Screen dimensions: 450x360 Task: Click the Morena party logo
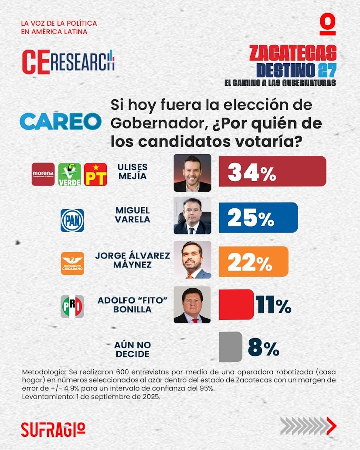[x=43, y=174]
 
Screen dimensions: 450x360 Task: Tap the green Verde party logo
[x=70, y=174]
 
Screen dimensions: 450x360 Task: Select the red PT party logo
[x=95, y=174]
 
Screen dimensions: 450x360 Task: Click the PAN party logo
[x=72, y=220]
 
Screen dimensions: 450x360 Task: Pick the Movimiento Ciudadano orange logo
[x=72, y=264]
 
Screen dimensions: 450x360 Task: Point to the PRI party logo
[x=71, y=307]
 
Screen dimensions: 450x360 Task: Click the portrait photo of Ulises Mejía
[x=192, y=173]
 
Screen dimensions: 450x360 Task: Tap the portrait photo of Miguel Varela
[x=192, y=216]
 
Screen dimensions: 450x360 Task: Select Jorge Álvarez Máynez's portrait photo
[x=192, y=260]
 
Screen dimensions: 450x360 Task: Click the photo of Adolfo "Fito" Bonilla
[x=192, y=305]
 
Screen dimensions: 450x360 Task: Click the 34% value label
[x=252, y=173]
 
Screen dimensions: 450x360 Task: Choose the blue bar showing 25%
[x=258, y=217]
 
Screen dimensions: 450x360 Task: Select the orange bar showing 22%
[x=253, y=261]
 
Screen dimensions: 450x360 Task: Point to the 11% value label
[x=274, y=305]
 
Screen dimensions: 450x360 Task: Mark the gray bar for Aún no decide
[x=230, y=347]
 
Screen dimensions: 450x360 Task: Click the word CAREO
[x=60, y=121]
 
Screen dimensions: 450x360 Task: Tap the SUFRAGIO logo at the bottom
[x=53, y=429]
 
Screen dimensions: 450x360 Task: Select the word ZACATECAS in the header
[x=293, y=53]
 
